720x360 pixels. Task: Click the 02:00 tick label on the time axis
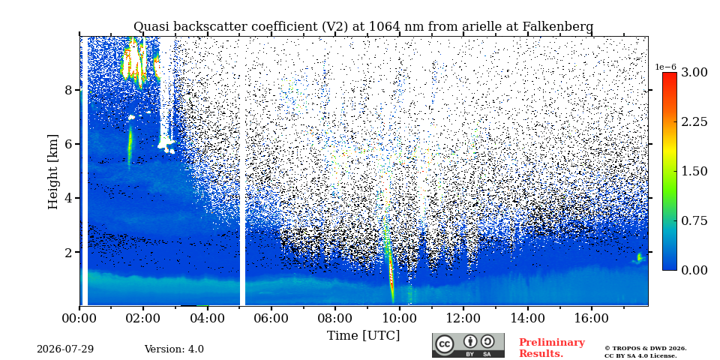point(143,318)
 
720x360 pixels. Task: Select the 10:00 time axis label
point(399,318)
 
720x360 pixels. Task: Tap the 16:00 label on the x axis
point(591,318)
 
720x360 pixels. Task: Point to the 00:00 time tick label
point(79,318)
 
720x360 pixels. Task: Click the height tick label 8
point(69,90)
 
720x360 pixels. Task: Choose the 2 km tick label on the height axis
point(69,252)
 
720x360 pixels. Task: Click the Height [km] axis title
point(53,172)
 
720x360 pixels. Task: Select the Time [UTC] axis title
point(363,336)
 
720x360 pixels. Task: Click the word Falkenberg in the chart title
point(558,27)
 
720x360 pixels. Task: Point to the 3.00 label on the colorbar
point(694,73)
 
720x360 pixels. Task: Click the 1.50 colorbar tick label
point(694,171)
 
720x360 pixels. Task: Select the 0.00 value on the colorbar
point(694,270)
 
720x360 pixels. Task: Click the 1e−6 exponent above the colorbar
point(665,67)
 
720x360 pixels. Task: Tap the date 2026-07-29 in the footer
point(65,349)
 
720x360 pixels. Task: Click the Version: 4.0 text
point(174,349)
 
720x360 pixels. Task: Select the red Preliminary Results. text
point(552,348)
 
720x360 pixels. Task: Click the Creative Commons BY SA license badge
point(468,345)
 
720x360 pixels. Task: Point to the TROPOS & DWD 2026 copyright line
point(646,349)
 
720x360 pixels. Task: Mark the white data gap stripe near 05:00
point(242,171)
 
